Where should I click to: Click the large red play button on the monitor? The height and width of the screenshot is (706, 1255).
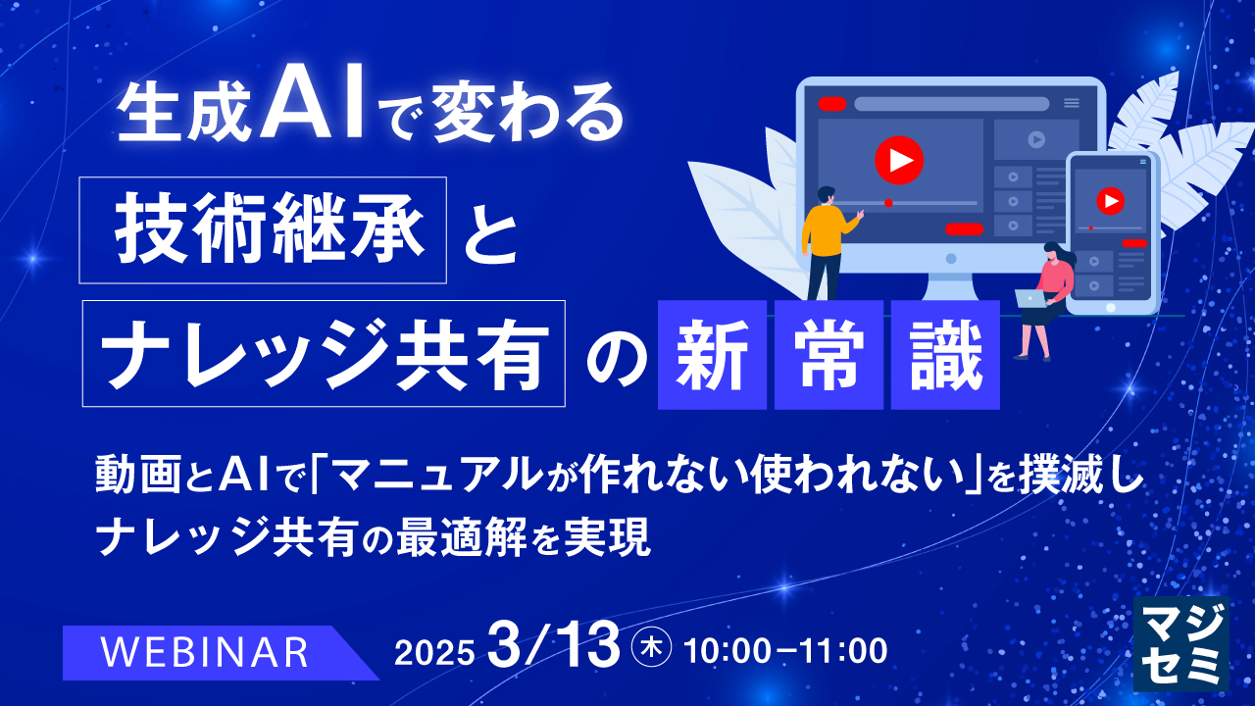898,158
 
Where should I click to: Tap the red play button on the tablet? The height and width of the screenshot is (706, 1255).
1110,202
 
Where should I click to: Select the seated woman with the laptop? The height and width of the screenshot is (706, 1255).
1045,294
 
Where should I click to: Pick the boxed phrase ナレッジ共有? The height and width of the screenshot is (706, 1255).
324,353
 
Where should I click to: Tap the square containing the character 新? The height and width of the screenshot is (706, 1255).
712,355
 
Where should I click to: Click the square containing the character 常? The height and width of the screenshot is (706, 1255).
828,355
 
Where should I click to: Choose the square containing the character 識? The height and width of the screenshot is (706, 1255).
945,355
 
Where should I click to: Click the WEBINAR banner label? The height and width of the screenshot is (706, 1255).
206,652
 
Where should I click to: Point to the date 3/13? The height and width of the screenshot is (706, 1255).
558,646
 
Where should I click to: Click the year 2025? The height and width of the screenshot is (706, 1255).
434,652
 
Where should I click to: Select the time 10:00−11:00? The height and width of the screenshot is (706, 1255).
785,650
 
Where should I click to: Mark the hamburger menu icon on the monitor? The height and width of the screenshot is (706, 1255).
1072,103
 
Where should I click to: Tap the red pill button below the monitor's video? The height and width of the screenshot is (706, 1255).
964,229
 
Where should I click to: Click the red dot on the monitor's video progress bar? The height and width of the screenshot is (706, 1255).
888,203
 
